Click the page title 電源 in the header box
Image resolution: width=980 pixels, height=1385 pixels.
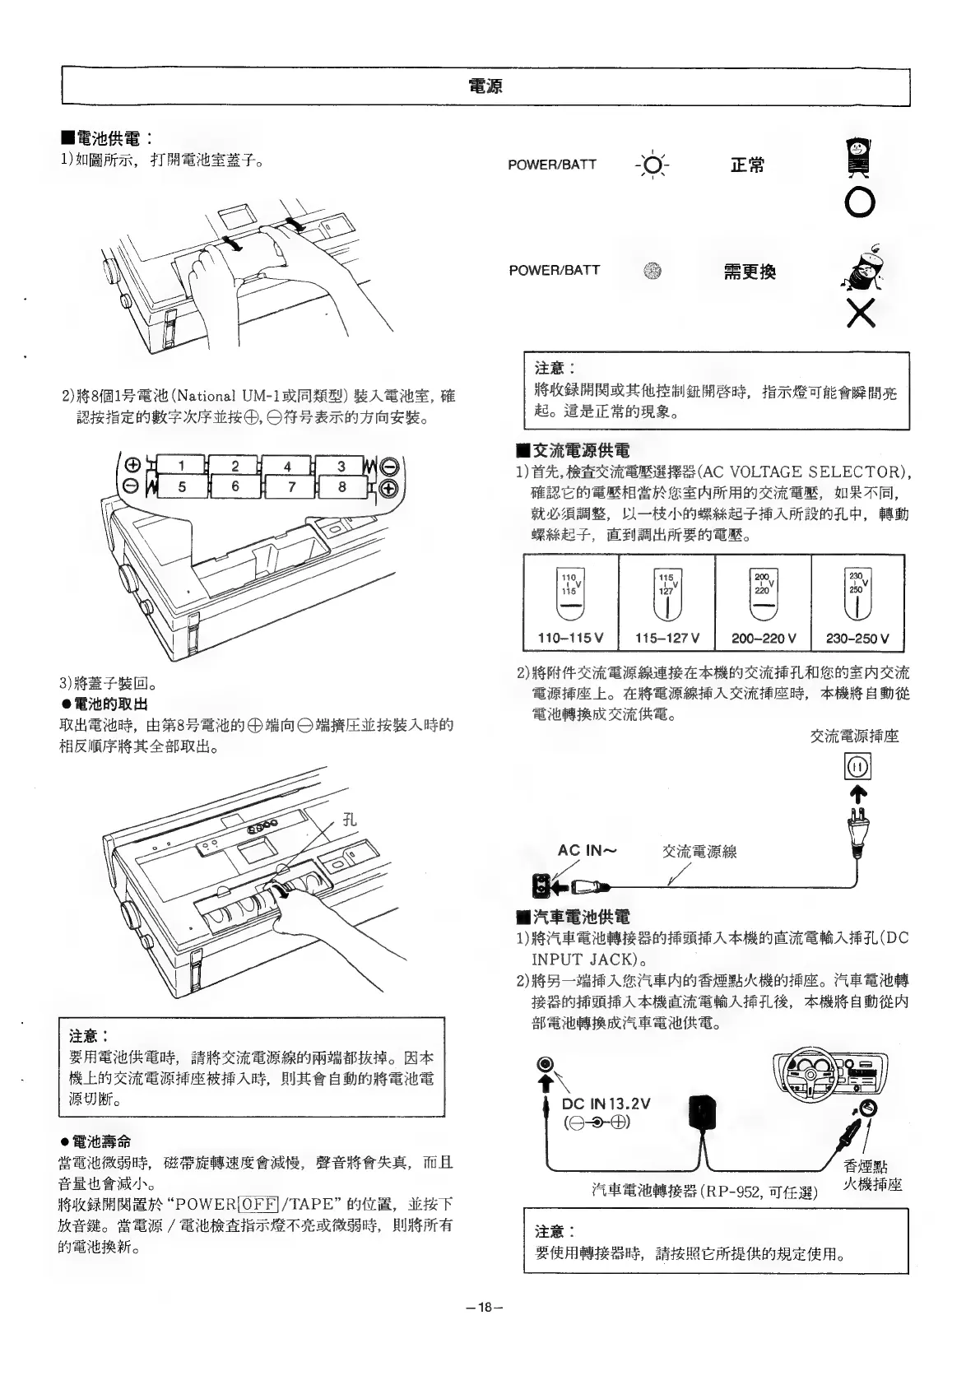coord(485,86)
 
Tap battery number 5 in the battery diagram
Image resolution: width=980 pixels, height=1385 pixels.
coord(182,486)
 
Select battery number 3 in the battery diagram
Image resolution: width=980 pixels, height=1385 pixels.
coord(341,467)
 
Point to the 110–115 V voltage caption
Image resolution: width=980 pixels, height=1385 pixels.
coord(570,638)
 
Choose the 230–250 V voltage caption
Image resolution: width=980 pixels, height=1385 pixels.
coord(857,638)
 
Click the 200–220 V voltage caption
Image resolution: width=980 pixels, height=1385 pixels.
coord(763,638)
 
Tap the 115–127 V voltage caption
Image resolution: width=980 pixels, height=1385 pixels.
coord(666,638)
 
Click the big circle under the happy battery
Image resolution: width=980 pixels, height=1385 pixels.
coord(858,202)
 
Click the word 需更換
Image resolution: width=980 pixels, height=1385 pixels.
coord(749,272)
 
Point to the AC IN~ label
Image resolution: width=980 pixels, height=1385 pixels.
coord(587,850)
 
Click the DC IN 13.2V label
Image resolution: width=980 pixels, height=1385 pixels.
coord(606,1104)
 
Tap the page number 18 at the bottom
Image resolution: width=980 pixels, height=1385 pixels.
coord(485,1306)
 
